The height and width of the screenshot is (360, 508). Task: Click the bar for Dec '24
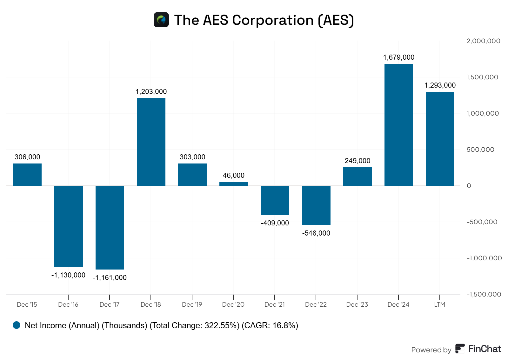tap(398, 124)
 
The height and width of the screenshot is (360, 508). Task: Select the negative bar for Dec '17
tap(110, 227)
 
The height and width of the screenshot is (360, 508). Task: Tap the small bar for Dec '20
tap(233, 184)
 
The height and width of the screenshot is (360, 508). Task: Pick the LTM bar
tap(440, 138)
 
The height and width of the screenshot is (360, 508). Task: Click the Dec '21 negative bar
tap(275, 200)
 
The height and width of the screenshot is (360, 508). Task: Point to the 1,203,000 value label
tap(151, 92)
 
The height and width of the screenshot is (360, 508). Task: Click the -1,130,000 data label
tap(68, 275)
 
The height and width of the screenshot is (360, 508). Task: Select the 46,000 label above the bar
tap(234, 176)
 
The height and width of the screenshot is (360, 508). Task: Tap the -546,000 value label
tap(316, 233)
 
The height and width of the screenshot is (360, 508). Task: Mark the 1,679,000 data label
tap(398, 57)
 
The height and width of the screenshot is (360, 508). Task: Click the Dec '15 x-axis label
tap(27, 305)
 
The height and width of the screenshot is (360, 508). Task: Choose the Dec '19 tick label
tap(192, 305)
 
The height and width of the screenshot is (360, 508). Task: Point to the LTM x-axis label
tap(440, 305)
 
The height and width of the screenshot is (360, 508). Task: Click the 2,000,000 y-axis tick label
tap(483, 41)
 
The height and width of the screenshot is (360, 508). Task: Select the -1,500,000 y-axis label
tap(484, 294)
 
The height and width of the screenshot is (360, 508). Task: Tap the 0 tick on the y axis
tap(469, 186)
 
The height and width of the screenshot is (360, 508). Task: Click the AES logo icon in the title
tap(161, 20)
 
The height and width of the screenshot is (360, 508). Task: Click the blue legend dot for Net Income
tap(17, 325)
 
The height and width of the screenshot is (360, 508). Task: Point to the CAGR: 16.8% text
tap(270, 326)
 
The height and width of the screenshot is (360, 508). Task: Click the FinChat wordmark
tap(485, 349)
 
